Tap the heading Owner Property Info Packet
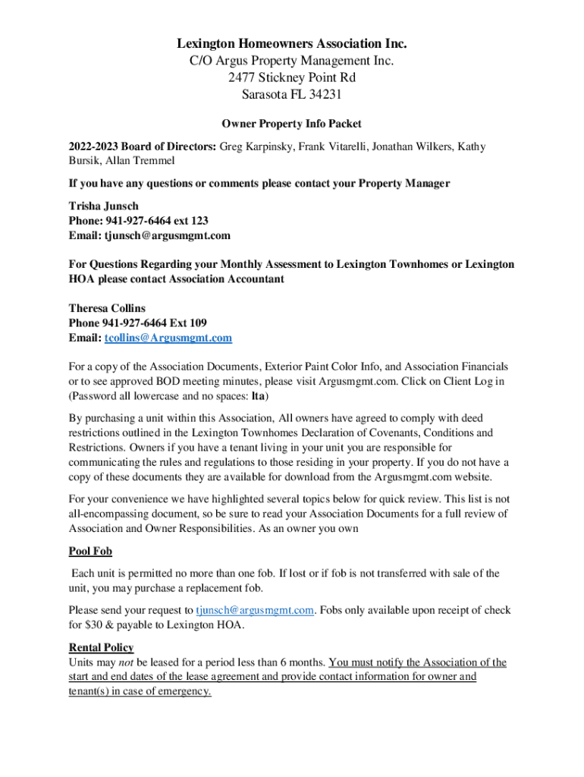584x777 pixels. (291, 124)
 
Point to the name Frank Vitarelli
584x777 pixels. (334, 146)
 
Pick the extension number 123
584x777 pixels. (199, 221)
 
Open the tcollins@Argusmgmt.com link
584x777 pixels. (168, 338)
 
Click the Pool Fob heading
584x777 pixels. (90, 551)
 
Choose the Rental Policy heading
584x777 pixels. (101, 647)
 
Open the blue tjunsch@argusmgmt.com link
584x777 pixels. (255, 610)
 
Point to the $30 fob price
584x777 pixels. (96, 625)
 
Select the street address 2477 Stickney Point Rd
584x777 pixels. (292, 77)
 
